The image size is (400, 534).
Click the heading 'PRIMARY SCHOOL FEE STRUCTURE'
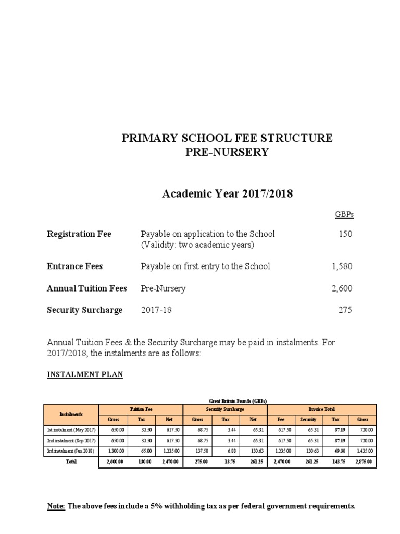pyautogui.click(x=227, y=138)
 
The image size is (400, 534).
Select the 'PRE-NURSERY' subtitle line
pyautogui.click(x=227, y=152)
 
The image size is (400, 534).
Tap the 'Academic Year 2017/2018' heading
pyautogui.click(x=227, y=194)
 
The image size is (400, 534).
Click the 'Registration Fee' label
pyautogui.click(x=79, y=234)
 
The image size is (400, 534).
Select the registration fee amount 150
pyautogui.click(x=345, y=234)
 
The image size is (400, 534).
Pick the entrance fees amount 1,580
pyautogui.click(x=342, y=266)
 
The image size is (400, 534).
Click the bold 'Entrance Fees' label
pyautogui.click(x=75, y=266)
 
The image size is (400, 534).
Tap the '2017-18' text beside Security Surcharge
pyautogui.click(x=156, y=310)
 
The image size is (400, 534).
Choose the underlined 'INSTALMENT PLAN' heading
pyautogui.click(x=85, y=375)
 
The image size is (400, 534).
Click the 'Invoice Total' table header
pyautogui.click(x=321, y=409)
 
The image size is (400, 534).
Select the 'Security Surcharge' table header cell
pyautogui.click(x=224, y=409)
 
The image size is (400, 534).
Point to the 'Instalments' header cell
pyautogui.click(x=72, y=414)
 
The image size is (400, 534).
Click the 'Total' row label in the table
pyautogui.click(x=72, y=462)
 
